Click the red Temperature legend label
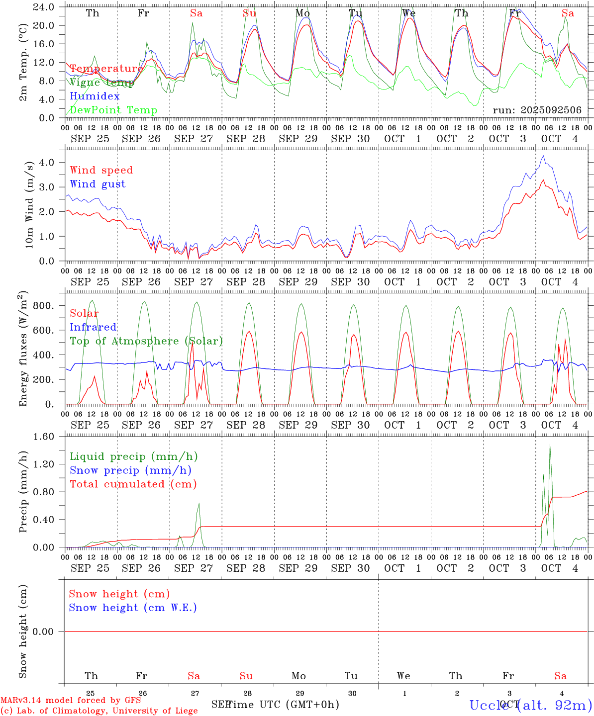(106, 69)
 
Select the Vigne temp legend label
(101, 83)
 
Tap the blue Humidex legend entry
(95, 96)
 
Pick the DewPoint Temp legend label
(113, 110)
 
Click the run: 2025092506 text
(537, 110)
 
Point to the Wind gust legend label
(98, 184)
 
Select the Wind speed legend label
(101, 170)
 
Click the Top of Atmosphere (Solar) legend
(146, 341)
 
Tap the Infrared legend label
(93, 327)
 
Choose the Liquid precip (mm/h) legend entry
(134, 456)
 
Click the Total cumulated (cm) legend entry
(133, 484)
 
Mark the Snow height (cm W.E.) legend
(133, 608)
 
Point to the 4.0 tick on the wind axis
(48, 162)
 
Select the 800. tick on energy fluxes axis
(44, 306)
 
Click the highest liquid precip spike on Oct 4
(550, 445)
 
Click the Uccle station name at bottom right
(530, 705)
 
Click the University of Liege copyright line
(99, 711)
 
